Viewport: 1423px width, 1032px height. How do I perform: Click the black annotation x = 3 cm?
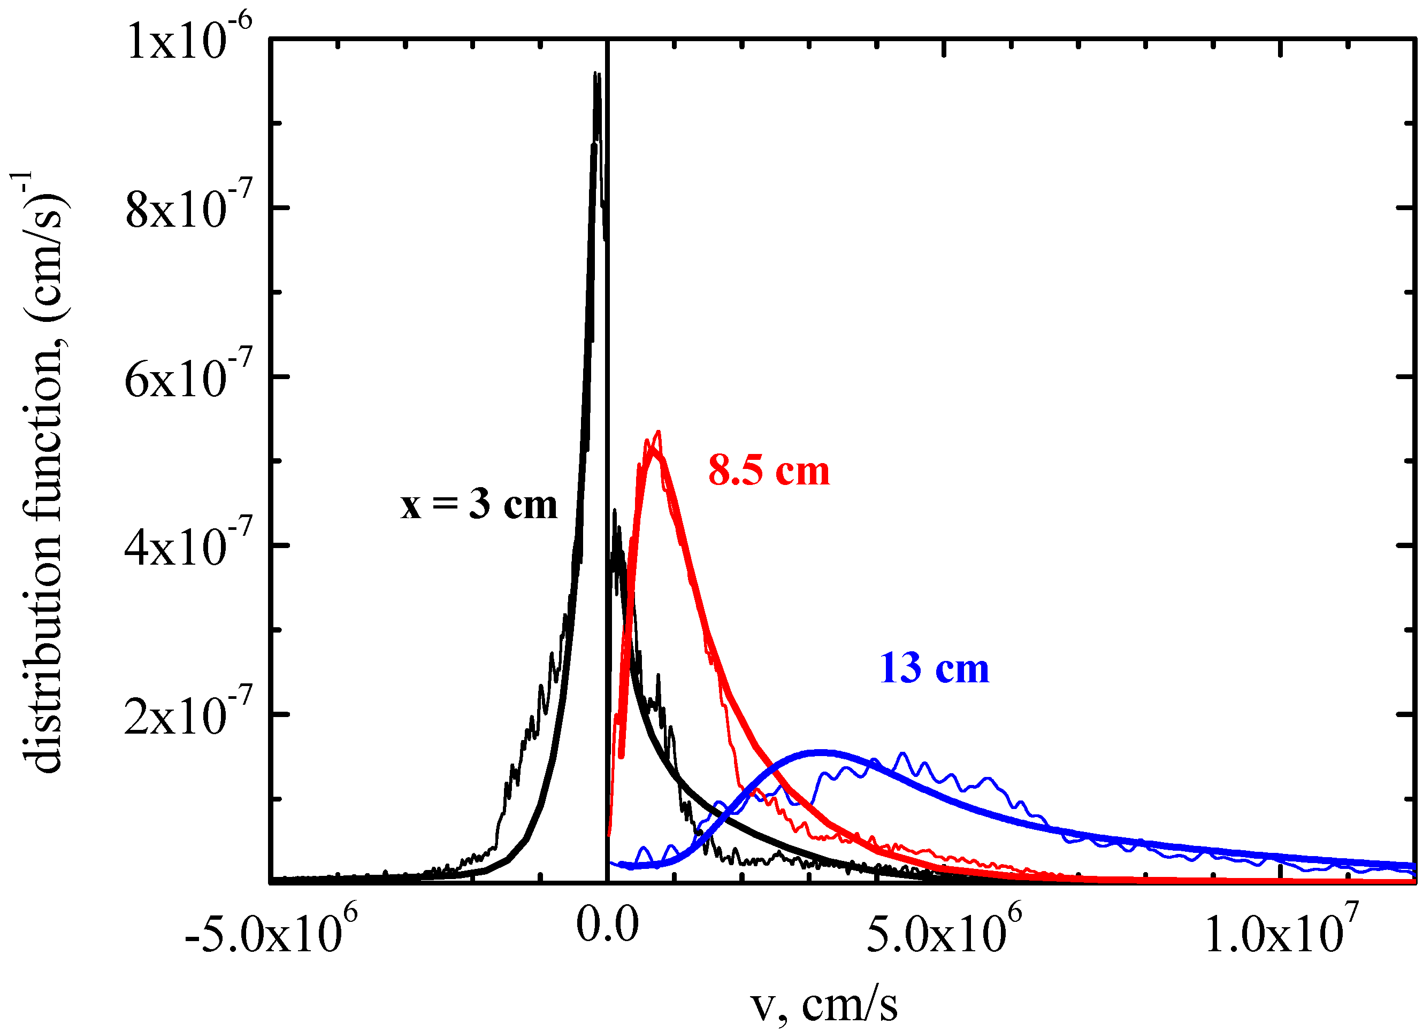(479, 505)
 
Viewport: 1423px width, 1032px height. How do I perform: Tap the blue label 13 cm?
(934, 668)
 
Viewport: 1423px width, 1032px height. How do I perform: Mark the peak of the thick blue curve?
(821, 752)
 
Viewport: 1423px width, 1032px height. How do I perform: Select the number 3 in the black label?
(479, 505)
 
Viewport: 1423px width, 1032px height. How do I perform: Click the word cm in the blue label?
(962, 669)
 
